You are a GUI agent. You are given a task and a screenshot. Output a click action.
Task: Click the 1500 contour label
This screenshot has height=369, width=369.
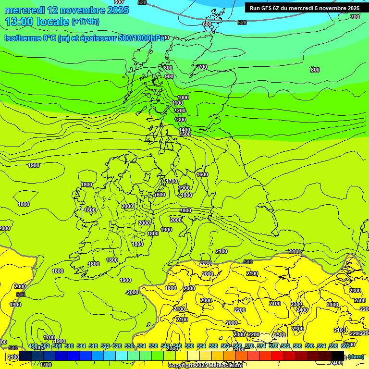tap(185, 135)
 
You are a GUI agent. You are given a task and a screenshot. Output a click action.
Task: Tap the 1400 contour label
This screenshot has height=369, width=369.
tap(184, 130)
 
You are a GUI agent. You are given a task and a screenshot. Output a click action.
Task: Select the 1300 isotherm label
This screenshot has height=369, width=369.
tap(180, 120)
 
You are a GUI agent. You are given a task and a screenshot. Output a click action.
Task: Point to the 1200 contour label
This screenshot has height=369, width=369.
tap(180, 111)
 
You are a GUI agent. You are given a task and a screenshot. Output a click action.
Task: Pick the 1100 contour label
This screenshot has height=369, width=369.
tap(177, 103)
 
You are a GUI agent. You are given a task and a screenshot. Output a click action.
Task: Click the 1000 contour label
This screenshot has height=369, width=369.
tap(183, 98)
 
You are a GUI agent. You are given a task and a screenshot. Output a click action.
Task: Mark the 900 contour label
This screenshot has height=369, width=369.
tap(169, 76)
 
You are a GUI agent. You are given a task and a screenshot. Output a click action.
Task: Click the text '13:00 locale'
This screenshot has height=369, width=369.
tap(37, 21)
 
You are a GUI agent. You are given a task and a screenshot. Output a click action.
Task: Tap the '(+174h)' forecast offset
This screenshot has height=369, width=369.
tap(85, 21)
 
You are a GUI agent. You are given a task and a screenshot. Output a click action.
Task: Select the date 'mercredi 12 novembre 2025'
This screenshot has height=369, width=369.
tap(67, 10)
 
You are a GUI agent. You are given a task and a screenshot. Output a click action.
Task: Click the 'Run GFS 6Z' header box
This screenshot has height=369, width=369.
tap(304, 8)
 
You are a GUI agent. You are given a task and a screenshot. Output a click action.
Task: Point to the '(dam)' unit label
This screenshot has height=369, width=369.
tap(356, 357)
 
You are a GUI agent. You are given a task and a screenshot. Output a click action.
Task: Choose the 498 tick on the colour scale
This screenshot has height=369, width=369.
tap(33, 346)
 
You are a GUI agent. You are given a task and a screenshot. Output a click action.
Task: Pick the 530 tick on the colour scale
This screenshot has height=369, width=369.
tap(129, 346)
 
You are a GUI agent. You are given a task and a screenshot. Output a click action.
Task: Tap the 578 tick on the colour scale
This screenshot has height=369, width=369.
tap(273, 346)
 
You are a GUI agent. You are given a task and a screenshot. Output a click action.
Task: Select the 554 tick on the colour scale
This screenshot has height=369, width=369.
tap(201, 346)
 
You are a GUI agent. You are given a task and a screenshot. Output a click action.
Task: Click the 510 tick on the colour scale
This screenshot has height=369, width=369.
tap(69, 346)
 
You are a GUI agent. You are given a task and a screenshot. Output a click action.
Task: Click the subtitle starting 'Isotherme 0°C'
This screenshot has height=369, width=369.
tap(85, 38)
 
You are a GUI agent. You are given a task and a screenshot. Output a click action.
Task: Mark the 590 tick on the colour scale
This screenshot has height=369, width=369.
tap(309, 346)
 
